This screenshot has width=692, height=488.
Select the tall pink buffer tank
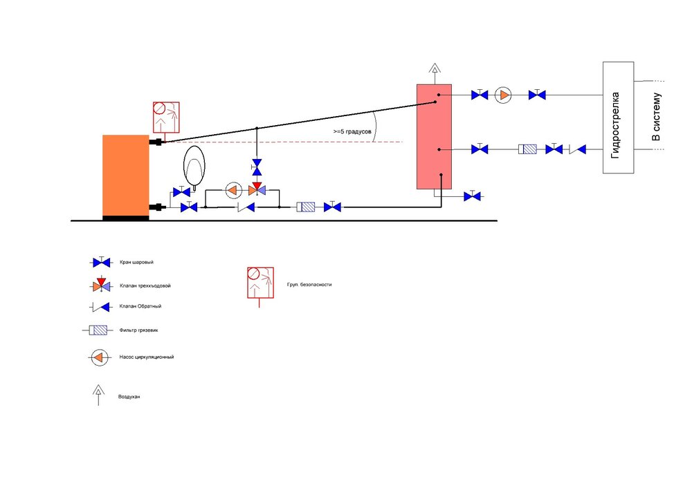(x=435, y=137)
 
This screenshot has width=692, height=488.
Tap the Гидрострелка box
(x=618, y=118)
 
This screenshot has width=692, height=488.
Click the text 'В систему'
(x=656, y=117)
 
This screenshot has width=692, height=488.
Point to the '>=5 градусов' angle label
(x=352, y=131)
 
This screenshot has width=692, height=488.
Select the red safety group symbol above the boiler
(x=166, y=118)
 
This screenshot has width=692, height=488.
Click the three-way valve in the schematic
(x=257, y=189)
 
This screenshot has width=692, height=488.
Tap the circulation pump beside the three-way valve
(x=233, y=191)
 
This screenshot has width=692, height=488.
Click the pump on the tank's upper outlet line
(x=502, y=95)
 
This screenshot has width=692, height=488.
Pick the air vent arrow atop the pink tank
(x=435, y=73)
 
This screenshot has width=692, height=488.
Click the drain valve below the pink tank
(x=472, y=196)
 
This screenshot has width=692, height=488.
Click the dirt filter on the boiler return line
(x=305, y=207)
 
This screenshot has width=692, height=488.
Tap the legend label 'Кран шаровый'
(x=136, y=262)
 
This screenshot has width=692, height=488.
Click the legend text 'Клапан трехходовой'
(x=145, y=285)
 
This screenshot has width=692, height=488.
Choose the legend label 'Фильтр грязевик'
(x=138, y=330)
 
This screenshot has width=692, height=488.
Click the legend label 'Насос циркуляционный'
(x=147, y=357)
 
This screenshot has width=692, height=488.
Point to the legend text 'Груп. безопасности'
(x=309, y=285)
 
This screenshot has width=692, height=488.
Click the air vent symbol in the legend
(x=98, y=395)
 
